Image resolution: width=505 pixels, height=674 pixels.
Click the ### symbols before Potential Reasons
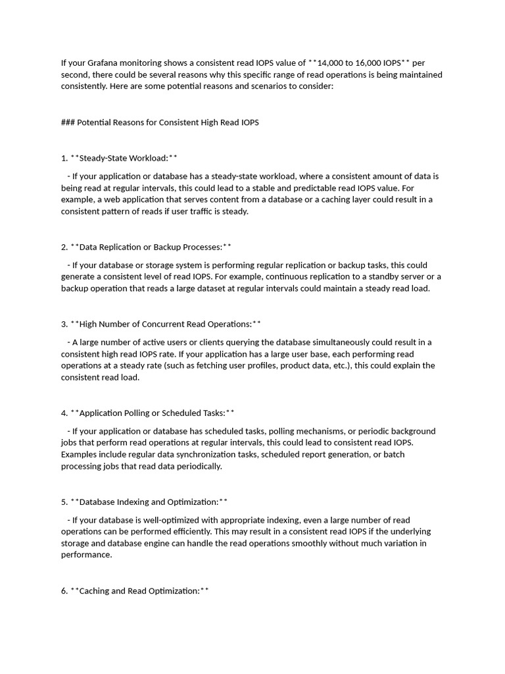pos(68,122)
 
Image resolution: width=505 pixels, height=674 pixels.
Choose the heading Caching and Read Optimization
pos(139,591)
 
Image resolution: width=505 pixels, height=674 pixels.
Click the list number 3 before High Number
pos(64,324)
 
